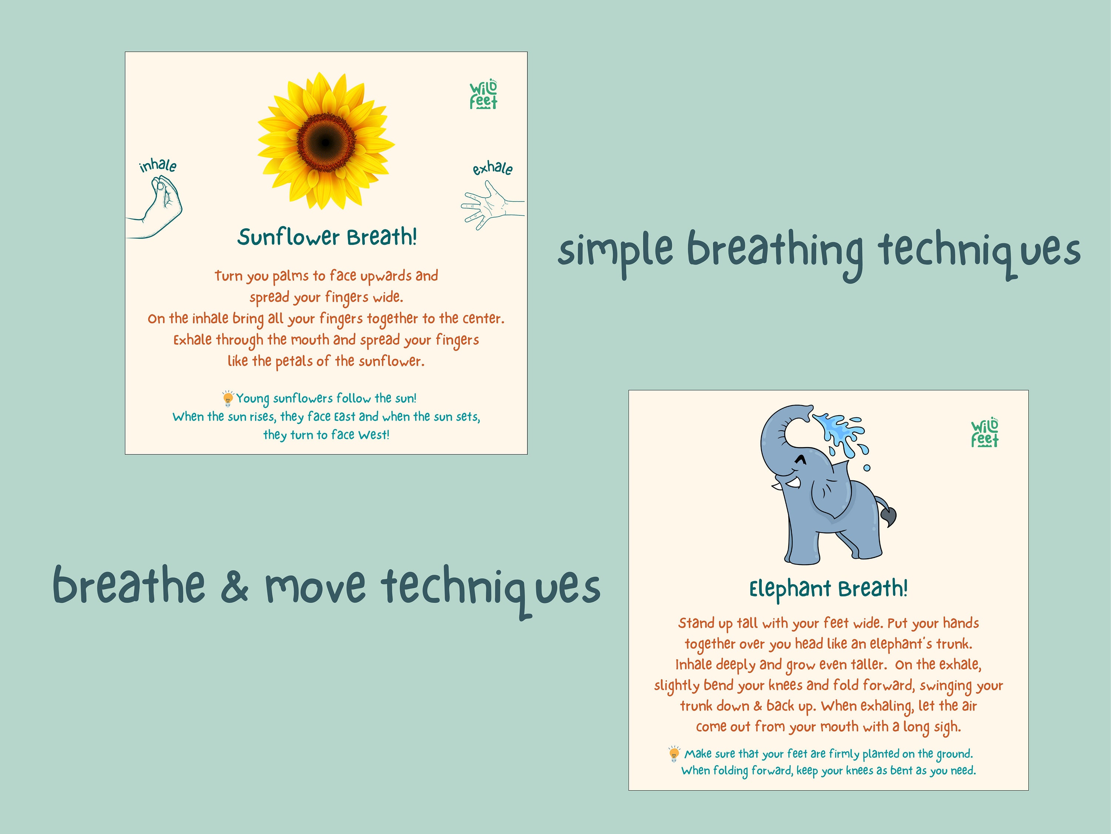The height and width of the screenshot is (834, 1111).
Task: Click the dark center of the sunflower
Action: (326, 143)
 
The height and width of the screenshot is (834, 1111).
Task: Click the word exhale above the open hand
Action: (492, 168)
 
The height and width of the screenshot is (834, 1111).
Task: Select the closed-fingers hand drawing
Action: (160, 206)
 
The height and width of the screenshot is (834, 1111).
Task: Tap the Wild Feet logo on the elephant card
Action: (984, 433)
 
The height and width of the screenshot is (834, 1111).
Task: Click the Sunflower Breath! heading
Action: (327, 237)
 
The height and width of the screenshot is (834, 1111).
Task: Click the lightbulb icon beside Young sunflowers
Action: (227, 398)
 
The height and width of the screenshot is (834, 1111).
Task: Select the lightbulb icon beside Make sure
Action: (674, 754)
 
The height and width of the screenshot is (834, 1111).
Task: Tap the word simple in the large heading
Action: (615, 251)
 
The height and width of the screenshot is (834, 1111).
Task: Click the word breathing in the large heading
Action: (774, 251)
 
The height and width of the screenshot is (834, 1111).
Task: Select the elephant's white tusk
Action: (793, 483)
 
